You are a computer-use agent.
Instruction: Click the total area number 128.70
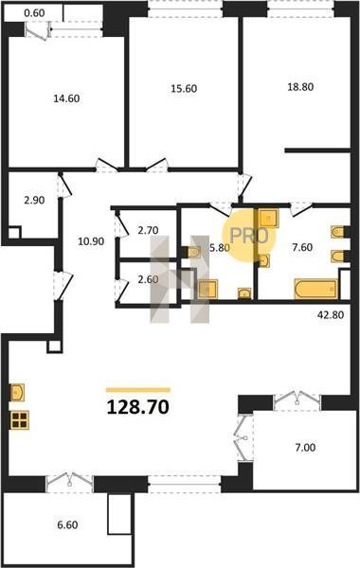tap(138, 407)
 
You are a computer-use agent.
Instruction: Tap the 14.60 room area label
tap(66, 98)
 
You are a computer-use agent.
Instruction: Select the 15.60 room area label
tap(184, 88)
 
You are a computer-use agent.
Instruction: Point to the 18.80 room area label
tap(300, 87)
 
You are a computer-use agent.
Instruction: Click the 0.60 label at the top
tap(34, 13)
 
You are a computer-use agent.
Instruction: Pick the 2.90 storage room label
tap(34, 200)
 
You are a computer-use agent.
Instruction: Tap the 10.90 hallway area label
tap(91, 241)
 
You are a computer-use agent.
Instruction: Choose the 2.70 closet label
tap(149, 230)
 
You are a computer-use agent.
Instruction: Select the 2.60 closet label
tap(149, 279)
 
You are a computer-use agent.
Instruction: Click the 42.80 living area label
tap(331, 315)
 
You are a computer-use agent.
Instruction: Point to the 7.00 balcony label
tap(305, 448)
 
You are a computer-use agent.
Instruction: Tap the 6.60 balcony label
tap(67, 524)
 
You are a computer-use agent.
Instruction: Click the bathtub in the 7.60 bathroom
tap(316, 289)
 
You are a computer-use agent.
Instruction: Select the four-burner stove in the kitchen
tap(19, 420)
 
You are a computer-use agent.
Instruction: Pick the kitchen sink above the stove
tap(17, 392)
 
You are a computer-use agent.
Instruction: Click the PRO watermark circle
tap(249, 236)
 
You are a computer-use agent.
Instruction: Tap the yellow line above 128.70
tap(138, 390)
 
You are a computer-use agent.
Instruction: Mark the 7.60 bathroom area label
tap(302, 247)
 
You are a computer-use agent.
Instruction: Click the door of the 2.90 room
tap(64, 186)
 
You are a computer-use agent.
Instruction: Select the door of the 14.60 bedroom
tap(107, 165)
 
